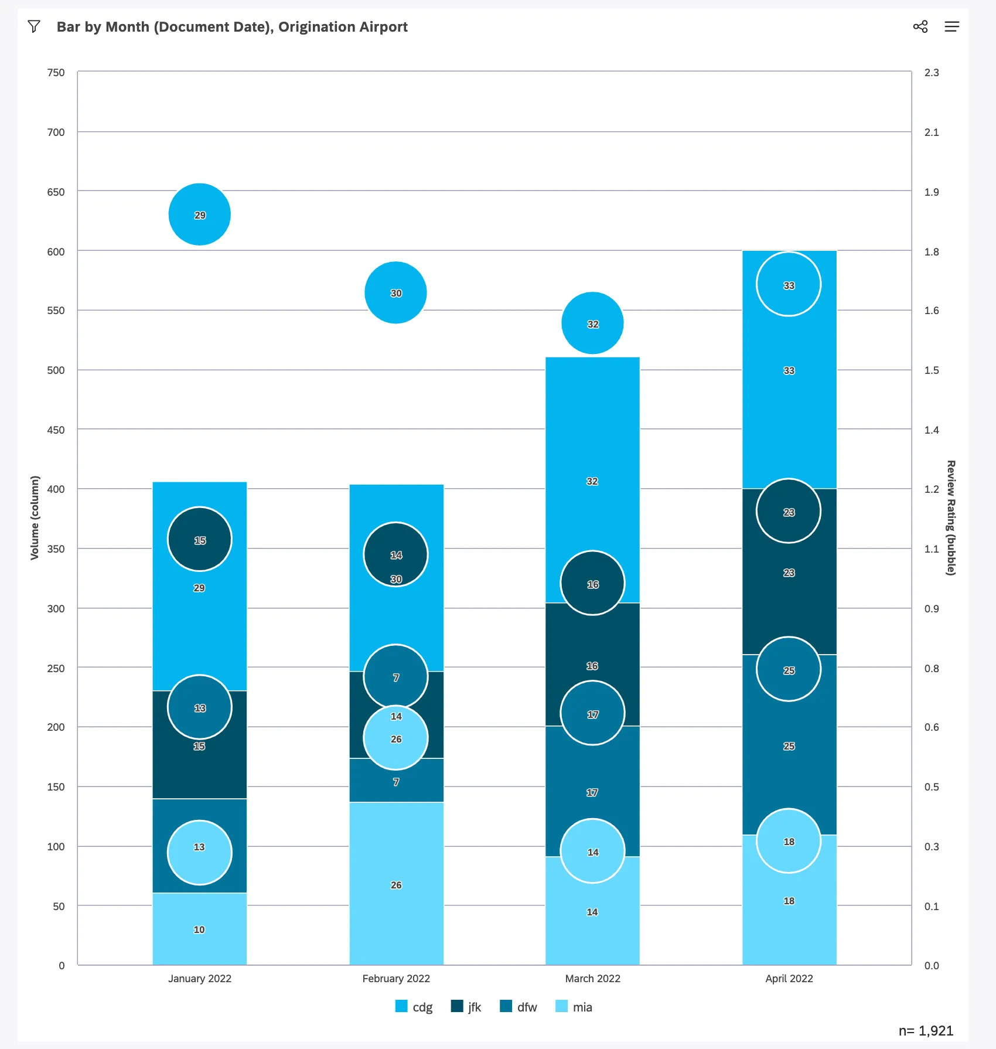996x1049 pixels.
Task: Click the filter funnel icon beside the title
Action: [34, 26]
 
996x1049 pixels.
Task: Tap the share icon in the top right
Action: [920, 26]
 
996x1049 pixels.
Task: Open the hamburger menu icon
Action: [951, 26]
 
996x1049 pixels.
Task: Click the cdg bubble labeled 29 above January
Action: [200, 214]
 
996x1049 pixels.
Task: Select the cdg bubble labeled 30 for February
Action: [395, 292]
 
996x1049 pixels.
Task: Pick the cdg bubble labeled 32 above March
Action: [592, 323]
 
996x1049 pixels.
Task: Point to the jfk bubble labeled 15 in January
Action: [200, 539]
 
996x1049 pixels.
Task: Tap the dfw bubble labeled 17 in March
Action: [592, 713]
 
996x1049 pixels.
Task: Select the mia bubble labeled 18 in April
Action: [789, 841]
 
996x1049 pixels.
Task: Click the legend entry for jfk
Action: [466, 1007]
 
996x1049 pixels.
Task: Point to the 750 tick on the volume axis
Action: [56, 73]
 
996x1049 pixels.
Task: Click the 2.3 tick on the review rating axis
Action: [931, 73]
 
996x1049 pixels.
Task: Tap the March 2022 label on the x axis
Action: [592, 979]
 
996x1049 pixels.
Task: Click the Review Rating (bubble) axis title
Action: [950, 518]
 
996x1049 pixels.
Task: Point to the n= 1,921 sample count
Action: [926, 1031]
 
